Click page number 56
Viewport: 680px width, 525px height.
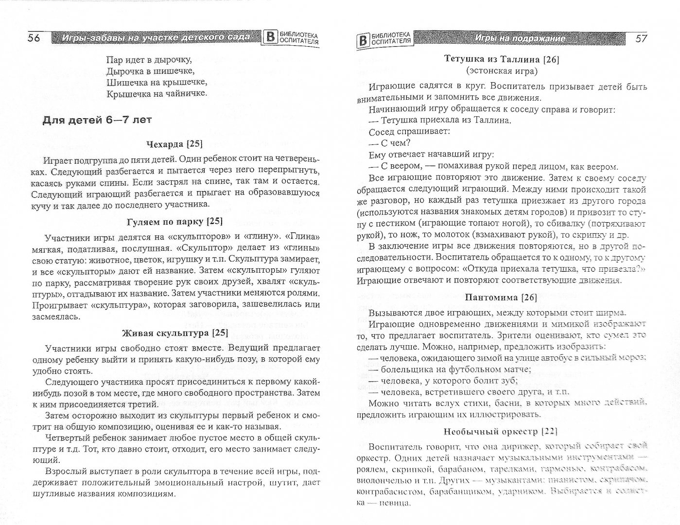[x=34, y=38]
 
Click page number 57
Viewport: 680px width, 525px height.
[x=641, y=38]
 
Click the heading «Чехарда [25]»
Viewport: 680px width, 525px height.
[x=174, y=144]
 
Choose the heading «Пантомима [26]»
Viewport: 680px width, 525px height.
[x=501, y=297]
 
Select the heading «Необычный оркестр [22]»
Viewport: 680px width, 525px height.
[x=501, y=431]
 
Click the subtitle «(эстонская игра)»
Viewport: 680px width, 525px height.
[x=502, y=71]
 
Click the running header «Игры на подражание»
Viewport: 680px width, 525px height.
[x=520, y=38]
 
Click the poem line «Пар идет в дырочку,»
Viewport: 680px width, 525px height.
[x=148, y=60]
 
